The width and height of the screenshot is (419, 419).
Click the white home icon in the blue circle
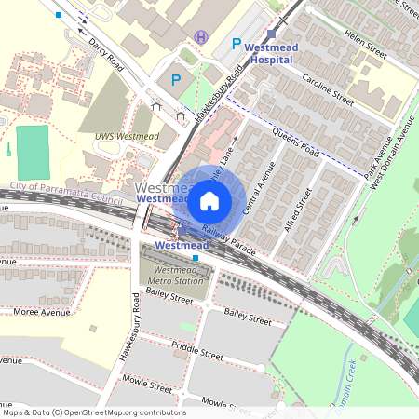tap(209, 200)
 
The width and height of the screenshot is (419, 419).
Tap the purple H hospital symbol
tap(200, 37)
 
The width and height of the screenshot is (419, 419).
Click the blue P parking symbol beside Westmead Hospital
tap(236, 44)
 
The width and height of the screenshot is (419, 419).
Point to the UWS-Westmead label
tap(126, 136)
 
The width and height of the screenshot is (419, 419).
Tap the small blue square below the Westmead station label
tap(196, 257)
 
